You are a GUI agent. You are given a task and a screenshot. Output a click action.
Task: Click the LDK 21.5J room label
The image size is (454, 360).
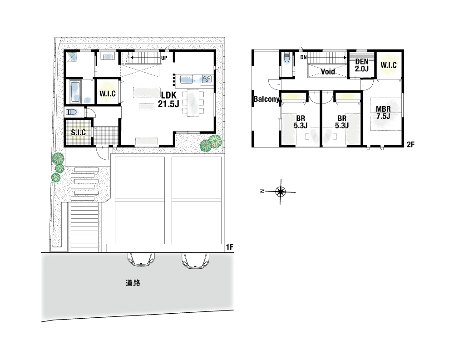tap(168, 99)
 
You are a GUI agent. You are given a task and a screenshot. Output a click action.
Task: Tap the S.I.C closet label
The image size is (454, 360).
tap(79, 133)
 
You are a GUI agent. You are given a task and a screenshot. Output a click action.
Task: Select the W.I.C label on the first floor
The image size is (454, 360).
tap(108, 94)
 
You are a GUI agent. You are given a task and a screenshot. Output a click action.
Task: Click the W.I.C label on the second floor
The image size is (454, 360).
tap(389, 65)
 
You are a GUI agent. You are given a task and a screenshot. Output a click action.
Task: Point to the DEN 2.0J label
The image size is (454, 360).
tap(362, 65)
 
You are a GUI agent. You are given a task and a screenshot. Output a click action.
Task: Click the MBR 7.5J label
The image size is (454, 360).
tap(383, 113)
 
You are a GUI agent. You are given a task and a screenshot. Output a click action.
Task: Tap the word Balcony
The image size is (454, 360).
tap(266, 99)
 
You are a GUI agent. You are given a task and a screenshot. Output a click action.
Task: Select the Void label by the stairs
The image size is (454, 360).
tap(328, 72)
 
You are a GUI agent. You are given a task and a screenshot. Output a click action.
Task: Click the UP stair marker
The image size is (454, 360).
tap(164, 58)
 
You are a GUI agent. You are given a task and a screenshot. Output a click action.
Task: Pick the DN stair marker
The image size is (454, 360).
tap(303, 57)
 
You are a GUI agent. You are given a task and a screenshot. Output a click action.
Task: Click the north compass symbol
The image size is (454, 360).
tap(280, 192)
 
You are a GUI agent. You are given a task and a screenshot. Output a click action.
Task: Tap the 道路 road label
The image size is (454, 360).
tap(133, 283)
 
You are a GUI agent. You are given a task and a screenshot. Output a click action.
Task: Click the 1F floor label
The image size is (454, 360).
tap(230, 247)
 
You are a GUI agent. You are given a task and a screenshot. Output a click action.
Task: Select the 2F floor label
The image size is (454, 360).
tap(410, 144)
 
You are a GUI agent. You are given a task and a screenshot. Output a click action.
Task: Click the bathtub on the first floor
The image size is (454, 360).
tap(75, 92)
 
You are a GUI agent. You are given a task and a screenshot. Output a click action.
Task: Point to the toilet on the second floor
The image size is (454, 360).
tap(286, 58)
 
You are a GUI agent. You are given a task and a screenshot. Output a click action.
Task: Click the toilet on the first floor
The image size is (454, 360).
tap(71, 112)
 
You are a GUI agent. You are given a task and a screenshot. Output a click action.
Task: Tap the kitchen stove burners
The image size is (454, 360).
tap(207, 79)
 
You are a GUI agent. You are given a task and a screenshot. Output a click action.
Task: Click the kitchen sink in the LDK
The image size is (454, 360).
tap(187, 79)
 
